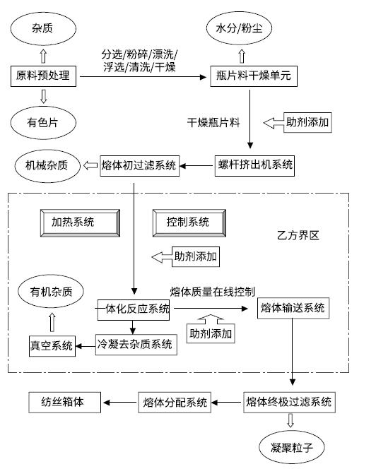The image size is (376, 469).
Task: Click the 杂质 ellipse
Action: point(43,28)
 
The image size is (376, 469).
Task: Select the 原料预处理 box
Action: point(43,76)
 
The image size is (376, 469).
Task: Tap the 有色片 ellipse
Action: point(43,123)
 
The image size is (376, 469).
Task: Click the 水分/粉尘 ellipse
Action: point(239,28)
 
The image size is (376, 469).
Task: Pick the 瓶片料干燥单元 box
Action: point(254,76)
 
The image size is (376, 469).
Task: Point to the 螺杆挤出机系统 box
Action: point(254,166)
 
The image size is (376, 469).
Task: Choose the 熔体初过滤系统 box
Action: point(139,166)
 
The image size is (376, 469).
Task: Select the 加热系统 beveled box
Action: point(81,223)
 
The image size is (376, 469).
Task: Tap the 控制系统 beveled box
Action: point(189,223)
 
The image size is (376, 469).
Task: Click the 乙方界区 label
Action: point(298,235)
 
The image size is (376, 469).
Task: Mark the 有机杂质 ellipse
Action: point(51,291)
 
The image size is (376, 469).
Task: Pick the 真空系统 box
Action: point(52,346)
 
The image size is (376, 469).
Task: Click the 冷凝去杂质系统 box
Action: point(136,345)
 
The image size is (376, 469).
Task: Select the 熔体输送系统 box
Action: point(293,308)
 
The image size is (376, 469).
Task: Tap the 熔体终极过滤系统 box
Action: point(289,403)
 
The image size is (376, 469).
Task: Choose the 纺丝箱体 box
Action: point(64,403)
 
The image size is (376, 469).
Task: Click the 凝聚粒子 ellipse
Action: point(292,447)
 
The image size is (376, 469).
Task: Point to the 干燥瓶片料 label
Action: point(213,123)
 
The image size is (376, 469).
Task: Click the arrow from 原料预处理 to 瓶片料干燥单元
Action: point(143,77)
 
